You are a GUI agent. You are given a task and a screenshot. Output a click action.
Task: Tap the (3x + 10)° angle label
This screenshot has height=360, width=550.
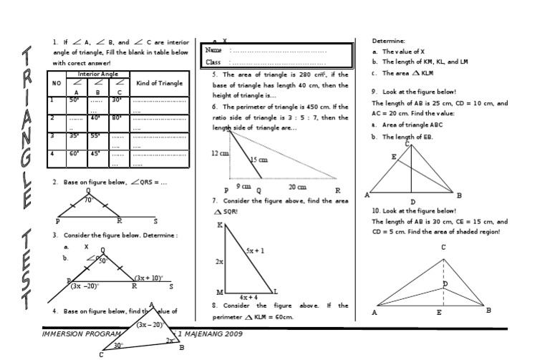[x=149, y=278]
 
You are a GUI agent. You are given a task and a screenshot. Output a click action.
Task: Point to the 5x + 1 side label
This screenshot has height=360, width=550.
[x=256, y=251]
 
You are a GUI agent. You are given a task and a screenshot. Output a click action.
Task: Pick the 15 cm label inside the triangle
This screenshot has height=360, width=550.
[x=259, y=160]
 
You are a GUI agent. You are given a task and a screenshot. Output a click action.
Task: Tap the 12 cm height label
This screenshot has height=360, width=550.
[x=220, y=153]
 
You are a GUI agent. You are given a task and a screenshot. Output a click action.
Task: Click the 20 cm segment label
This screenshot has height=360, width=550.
[x=297, y=186]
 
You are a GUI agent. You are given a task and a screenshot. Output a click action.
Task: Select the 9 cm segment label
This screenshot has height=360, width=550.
[x=243, y=186]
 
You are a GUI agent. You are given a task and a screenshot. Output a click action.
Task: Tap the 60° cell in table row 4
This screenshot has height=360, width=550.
[x=74, y=152]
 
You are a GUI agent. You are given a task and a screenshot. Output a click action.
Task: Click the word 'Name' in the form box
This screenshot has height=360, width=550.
[x=214, y=50]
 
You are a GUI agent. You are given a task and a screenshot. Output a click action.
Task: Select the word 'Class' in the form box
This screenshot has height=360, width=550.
[x=213, y=62]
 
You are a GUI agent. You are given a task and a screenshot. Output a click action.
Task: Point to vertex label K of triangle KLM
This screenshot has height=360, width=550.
[x=220, y=225]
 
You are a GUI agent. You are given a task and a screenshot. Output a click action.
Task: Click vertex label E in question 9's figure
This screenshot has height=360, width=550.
[x=393, y=157]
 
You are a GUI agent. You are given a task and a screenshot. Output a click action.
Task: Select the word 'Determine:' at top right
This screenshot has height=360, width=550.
[x=388, y=41]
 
